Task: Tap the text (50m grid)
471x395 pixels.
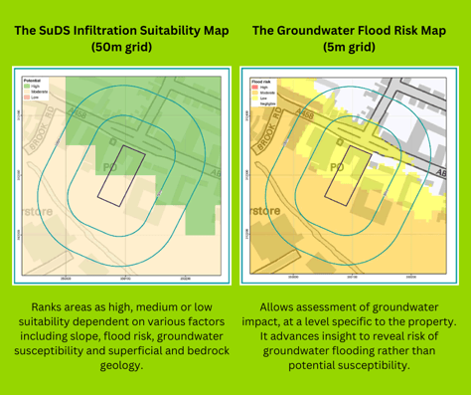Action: tap(117, 47)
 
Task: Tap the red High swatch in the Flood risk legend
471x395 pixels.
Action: tap(255, 88)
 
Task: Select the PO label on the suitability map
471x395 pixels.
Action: tap(110, 166)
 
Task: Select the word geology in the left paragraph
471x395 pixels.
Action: tap(117, 365)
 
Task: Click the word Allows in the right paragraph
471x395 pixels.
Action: tap(279, 307)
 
